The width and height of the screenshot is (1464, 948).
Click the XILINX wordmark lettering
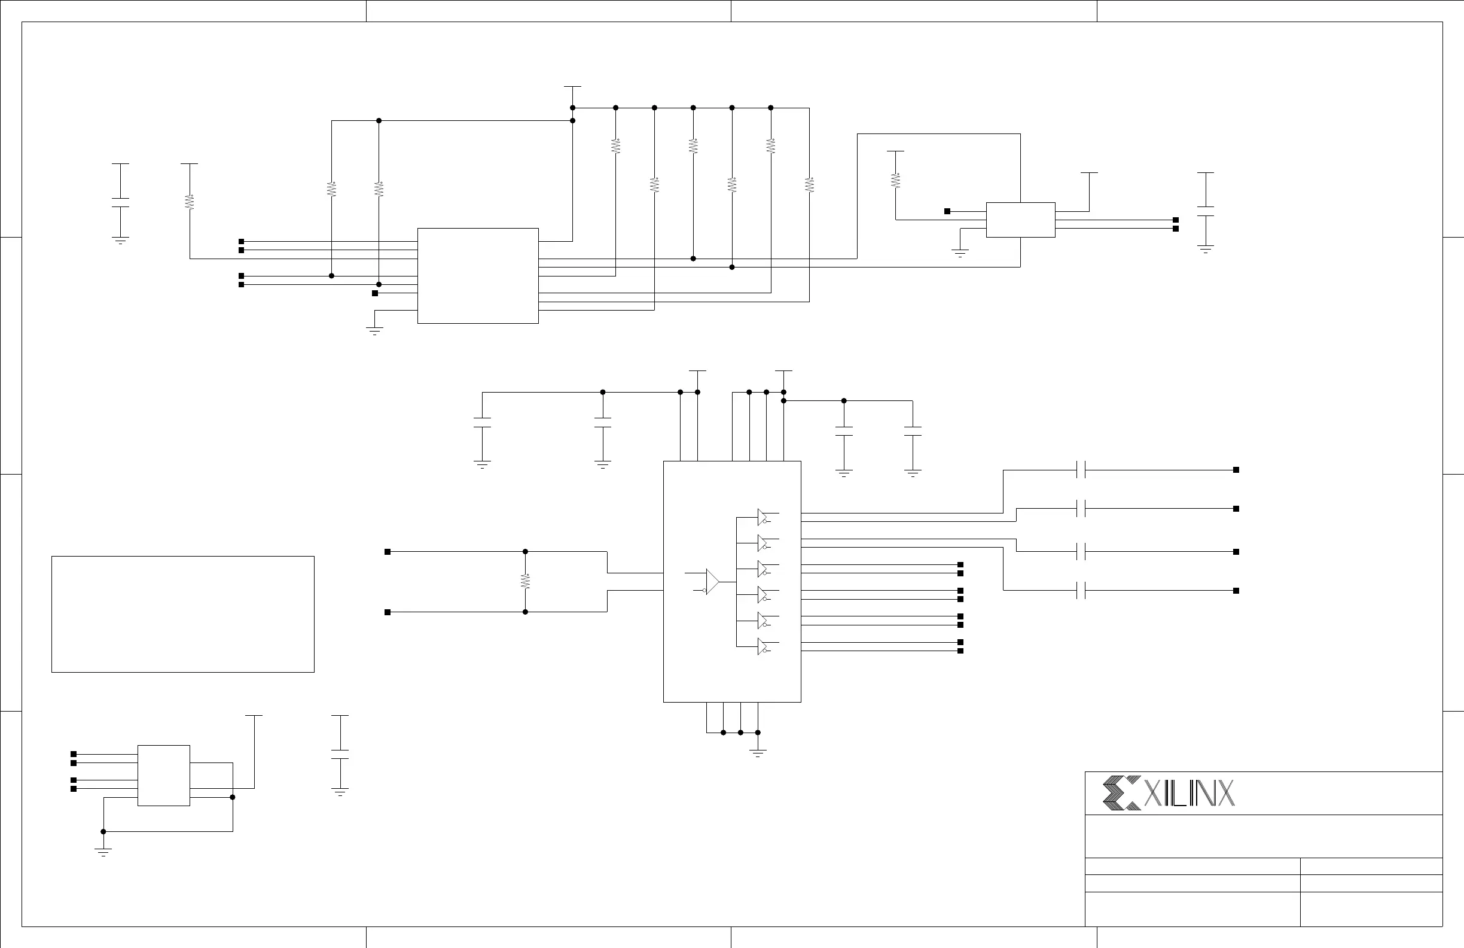pos(1188,794)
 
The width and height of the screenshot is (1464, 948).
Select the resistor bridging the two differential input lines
pos(525,581)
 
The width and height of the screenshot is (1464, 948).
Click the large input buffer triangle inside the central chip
pos(712,581)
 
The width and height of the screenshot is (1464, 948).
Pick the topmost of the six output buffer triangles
pos(762,517)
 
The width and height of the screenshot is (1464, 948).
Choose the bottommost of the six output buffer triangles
pos(762,647)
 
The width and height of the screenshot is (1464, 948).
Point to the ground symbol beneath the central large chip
pos(758,752)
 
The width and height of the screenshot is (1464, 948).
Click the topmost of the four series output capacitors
pos(1081,470)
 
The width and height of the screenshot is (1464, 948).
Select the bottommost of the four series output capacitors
pos(1081,590)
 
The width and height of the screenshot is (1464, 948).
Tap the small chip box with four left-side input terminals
pos(164,775)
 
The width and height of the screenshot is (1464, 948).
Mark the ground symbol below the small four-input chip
pos(103,852)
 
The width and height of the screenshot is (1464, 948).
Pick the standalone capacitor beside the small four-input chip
pos(340,754)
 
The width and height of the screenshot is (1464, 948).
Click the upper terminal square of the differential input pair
pos(388,552)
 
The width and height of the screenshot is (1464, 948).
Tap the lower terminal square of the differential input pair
pos(388,612)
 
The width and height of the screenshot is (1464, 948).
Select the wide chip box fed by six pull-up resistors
pos(478,276)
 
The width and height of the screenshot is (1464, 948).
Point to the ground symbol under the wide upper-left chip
pos(374,330)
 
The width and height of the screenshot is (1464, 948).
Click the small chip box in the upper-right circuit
pos(1020,220)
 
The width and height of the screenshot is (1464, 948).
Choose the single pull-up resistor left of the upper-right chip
pos(896,180)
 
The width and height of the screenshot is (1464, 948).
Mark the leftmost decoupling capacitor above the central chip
pos(482,423)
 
